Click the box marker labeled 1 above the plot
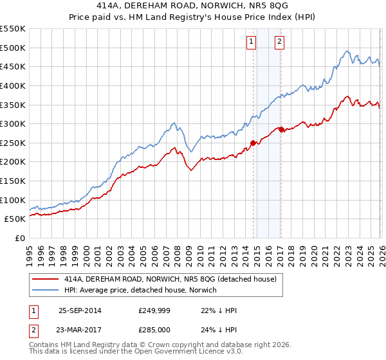pos(250,42)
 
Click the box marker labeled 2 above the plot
pos(280,42)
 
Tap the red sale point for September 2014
pos(253,143)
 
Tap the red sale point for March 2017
pos(281,129)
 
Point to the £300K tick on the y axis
pos(14,123)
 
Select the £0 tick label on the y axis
pos(19,238)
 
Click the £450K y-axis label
pos(14,66)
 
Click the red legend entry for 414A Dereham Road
pos(170,279)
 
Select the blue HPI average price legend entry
pos(140,290)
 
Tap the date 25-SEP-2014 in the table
pos(80,310)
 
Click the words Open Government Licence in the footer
pos(177,352)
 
